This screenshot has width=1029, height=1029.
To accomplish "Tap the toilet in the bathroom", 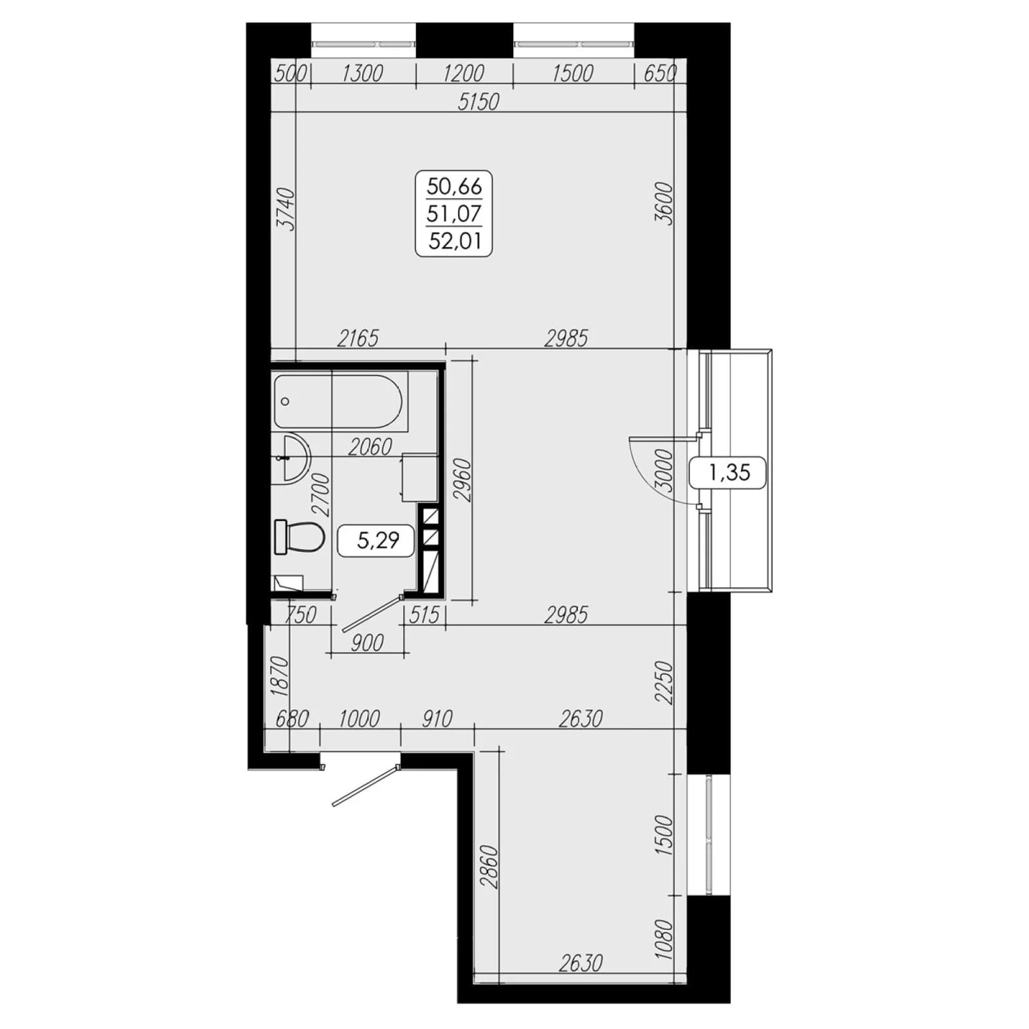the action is coord(299,536).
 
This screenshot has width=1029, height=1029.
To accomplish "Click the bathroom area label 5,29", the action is coord(378,540).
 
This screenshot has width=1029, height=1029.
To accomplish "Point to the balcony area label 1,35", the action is coord(729,473).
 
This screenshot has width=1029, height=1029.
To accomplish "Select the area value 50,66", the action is coord(455,187).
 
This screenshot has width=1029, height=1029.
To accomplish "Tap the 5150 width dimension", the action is coord(478,101).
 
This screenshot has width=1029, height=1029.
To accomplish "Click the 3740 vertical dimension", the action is coord(285,209).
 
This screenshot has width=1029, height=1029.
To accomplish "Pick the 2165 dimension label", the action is coord(358,338).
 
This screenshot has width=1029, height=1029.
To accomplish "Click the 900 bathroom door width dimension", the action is coord(368,642).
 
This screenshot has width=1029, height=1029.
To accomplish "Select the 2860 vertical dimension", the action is coord(489,867).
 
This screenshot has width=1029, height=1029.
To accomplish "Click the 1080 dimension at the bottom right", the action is coord(664,940).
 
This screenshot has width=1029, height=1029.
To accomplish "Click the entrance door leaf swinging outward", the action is coord(365,785).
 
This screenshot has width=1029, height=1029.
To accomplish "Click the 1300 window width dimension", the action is coord(363,73).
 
